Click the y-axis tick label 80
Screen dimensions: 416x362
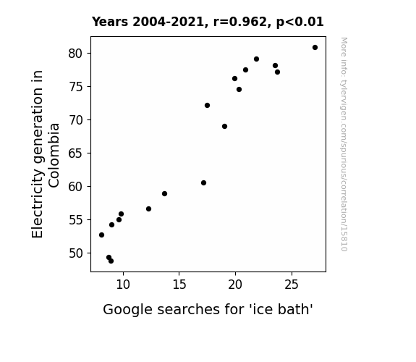click(x=76, y=54)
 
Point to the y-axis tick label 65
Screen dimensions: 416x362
click(x=76, y=153)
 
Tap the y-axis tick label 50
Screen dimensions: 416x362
click(x=76, y=253)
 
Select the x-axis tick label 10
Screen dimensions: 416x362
click(x=123, y=285)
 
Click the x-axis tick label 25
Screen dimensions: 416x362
click(x=292, y=285)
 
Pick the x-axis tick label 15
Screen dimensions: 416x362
click(x=179, y=285)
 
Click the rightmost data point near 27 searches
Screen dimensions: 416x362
click(x=315, y=48)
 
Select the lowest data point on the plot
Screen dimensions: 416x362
click(x=111, y=261)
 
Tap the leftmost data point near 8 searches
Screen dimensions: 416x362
click(x=101, y=235)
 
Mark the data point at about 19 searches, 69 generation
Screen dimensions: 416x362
click(x=224, y=127)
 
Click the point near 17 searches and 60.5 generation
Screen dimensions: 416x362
click(x=203, y=183)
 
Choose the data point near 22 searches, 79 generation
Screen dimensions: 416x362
click(x=256, y=59)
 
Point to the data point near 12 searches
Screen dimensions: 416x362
click(x=148, y=209)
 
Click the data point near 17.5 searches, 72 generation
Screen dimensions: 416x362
click(x=207, y=106)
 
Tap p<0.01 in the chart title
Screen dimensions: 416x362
click(x=300, y=22)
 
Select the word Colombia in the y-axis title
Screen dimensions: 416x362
click(x=54, y=156)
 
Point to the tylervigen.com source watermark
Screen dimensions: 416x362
click(x=344, y=145)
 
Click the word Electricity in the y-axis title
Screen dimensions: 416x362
click(x=38, y=206)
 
